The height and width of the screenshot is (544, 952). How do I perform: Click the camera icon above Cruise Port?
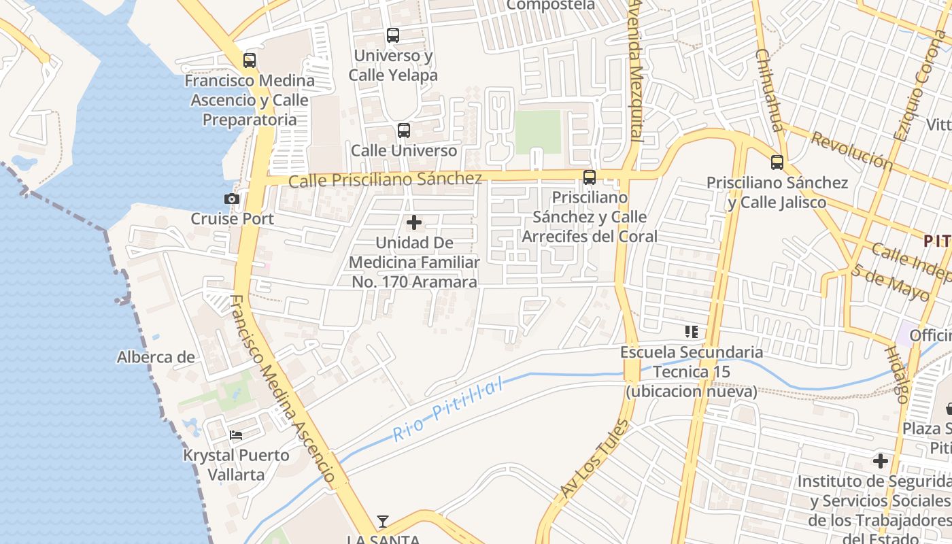[232, 199]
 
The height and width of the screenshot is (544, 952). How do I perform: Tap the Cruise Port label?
[232, 219]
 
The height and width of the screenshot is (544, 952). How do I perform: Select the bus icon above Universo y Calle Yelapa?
[392, 35]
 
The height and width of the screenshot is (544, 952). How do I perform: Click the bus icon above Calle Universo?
[404, 131]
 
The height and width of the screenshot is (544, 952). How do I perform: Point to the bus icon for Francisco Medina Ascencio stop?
[250, 61]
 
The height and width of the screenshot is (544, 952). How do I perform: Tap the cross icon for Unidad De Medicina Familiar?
[413, 222]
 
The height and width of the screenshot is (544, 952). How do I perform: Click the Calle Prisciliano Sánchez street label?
[385, 180]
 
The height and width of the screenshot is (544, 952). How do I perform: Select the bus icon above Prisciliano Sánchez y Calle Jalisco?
[777, 163]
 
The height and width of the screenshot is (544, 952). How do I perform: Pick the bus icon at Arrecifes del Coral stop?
[590, 177]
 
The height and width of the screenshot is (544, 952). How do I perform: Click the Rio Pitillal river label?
[449, 410]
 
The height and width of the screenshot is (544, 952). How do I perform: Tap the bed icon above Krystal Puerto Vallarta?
[236, 435]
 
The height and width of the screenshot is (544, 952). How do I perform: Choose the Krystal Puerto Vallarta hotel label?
[236, 464]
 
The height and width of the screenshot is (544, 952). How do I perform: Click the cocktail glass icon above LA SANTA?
[383, 522]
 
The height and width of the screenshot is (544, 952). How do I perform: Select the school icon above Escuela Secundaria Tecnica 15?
[692, 332]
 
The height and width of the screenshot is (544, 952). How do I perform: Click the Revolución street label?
[851, 151]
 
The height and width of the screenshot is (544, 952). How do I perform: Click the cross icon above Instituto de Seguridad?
[881, 461]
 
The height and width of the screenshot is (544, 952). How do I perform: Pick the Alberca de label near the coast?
[156, 357]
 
